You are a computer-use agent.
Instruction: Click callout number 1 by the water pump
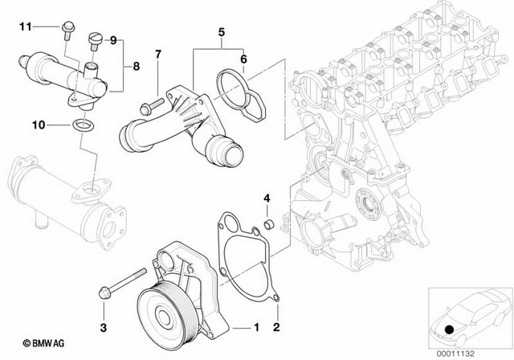pos(256,328)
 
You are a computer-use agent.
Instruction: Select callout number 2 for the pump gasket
pos(275,328)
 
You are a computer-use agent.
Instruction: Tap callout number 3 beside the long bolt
pos(103,328)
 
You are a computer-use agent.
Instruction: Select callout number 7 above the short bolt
pos(158,55)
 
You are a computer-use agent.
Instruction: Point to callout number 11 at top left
pos(25,27)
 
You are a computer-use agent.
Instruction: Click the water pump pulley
pos(161,309)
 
